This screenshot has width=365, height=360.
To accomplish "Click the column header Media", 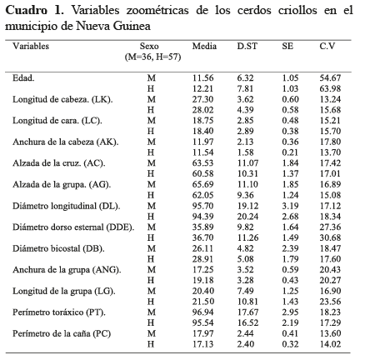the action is [x=204, y=46].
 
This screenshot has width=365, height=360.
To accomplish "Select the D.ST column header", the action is [x=247, y=46].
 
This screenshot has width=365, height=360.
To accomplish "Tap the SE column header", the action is [x=287, y=46].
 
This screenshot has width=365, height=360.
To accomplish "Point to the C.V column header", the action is [x=327, y=46].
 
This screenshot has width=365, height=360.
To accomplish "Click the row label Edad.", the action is [x=23, y=78].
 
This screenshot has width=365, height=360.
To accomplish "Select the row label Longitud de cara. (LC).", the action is [x=57, y=121].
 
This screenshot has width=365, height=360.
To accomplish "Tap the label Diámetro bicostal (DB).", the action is [x=58, y=248].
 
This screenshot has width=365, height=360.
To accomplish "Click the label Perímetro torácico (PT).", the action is [x=59, y=312].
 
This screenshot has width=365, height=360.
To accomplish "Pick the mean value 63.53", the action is [x=202, y=163].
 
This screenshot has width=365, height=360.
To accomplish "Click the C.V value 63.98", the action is [x=330, y=89].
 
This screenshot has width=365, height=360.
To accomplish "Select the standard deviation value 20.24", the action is [x=247, y=217].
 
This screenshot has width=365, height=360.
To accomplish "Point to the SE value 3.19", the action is [x=290, y=206].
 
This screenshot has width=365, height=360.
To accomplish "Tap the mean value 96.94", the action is [x=202, y=312].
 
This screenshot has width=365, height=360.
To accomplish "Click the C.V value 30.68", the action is [x=330, y=238].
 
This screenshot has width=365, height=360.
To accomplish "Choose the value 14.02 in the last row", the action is [x=330, y=344].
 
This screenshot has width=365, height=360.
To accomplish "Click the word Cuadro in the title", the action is [x=27, y=11].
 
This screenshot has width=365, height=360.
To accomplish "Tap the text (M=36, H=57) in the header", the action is [x=152, y=57].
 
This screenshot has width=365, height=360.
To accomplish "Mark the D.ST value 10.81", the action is [x=247, y=302].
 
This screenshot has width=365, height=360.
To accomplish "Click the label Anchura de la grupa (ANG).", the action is [x=67, y=270].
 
